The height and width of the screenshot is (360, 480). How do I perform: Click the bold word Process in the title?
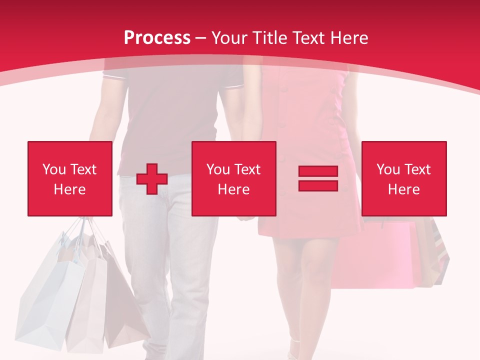157,38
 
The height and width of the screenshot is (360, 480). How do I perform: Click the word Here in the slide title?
349,38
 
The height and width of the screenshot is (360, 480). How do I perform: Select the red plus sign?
151,179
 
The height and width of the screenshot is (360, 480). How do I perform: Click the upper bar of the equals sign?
318,171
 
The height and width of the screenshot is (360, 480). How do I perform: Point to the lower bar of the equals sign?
318,185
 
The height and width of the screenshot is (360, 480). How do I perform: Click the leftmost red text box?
70,178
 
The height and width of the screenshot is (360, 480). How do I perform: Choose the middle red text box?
234,178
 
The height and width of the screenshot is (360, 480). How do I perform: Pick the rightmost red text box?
404,178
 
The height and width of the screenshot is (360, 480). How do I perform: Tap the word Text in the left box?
83,169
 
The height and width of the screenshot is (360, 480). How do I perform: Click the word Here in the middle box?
234,189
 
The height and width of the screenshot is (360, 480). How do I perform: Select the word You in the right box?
388,169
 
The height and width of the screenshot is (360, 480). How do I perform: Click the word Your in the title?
229,38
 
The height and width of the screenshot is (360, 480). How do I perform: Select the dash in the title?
200,38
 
